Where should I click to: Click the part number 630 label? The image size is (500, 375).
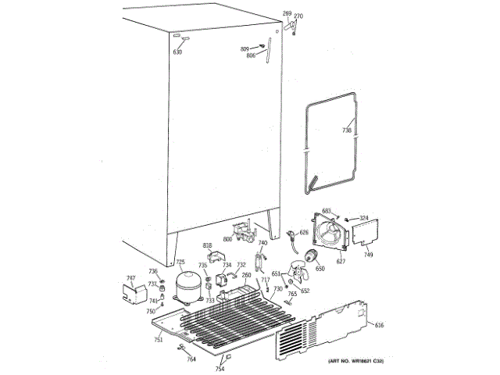pos(177,52)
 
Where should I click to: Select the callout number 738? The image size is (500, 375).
pos(347,130)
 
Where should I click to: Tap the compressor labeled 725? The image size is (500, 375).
pos(187,285)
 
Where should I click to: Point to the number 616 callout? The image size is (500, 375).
pos(380,325)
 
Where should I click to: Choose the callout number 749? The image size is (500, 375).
pos(368,255)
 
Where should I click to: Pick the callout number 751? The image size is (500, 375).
pos(158,340)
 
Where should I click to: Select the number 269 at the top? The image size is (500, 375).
pos(287,14)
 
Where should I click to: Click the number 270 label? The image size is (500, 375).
pos(298,16)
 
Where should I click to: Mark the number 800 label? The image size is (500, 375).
pos(228,239)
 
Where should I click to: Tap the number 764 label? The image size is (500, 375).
pos(191,359)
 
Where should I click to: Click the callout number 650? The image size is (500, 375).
pos(320,269)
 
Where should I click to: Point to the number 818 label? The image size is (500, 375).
pos(208,246)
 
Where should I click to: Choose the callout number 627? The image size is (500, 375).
pos(341,261)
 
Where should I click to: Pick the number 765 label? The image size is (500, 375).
pos(291,293)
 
